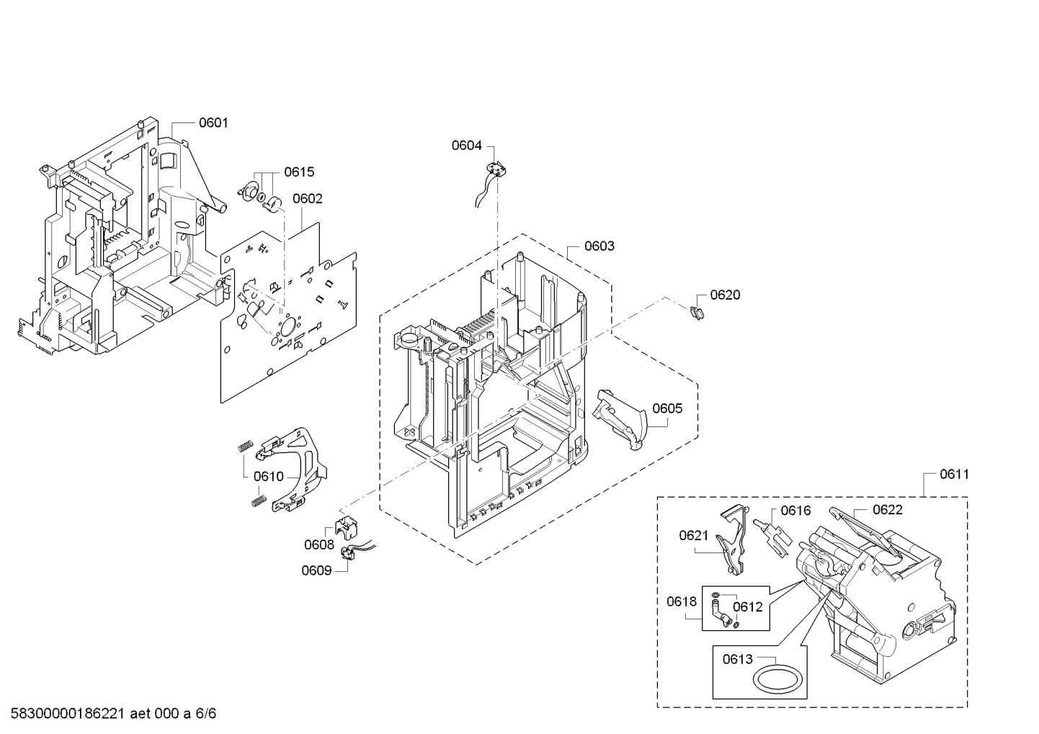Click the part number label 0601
213,123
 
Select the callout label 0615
299,172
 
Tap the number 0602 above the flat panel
307,199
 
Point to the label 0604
467,146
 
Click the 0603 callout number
599,246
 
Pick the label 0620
725,295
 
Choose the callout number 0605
667,408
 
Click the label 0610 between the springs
268,477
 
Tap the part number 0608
319,545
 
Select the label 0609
317,570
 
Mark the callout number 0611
955,475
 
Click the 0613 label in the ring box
738,659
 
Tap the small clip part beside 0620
697,313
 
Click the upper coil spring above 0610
246,445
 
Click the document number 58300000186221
67,713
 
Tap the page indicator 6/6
205,713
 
